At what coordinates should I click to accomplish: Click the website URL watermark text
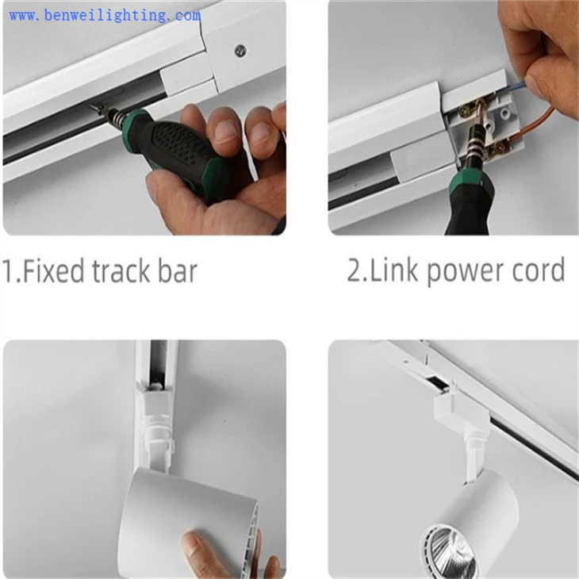(x=105, y=16)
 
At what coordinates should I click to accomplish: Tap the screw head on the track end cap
(x=241, y=49)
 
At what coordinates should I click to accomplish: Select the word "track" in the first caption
(x=121, y=271)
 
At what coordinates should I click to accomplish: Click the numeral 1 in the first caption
(x=8, y=271)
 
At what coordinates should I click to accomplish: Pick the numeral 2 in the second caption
(x=355, y=270)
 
